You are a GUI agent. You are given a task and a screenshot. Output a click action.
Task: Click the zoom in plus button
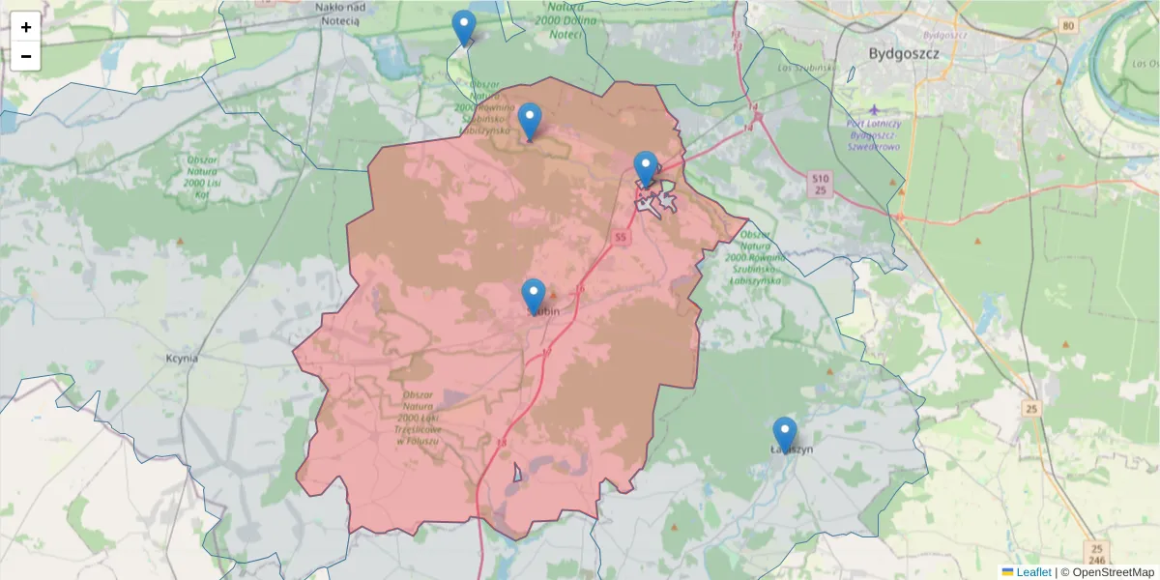pos(26,27)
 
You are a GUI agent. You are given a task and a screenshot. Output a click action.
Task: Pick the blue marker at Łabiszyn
pos(785,435)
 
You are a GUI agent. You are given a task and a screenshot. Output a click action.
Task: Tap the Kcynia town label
pos(182,358)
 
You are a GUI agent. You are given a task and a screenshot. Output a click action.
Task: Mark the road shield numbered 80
pos(1067,25)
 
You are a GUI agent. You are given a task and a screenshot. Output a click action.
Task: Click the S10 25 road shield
pos(820,184)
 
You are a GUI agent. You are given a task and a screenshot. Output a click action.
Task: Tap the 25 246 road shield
pos(1094,553)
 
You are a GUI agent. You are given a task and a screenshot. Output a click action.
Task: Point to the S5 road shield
pos(620,237)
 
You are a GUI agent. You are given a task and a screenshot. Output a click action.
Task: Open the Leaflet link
pos(1033,572)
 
